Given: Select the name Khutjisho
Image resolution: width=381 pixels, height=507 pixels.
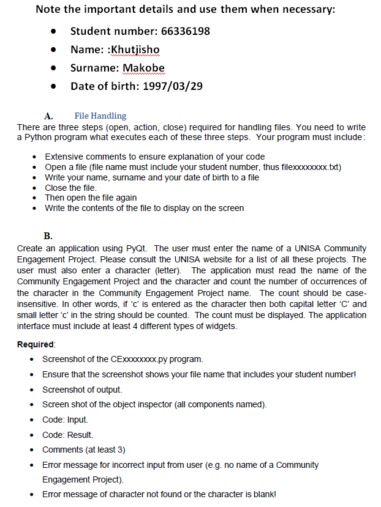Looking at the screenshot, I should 134,50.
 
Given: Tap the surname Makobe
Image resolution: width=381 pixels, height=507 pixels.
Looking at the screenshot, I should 144,68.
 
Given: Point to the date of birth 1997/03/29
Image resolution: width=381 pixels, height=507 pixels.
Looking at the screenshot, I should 172,86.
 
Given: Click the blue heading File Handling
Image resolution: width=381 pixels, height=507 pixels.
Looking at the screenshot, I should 100,116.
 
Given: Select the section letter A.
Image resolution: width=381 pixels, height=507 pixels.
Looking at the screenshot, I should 48,116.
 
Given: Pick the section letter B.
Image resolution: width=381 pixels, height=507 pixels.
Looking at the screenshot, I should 48,236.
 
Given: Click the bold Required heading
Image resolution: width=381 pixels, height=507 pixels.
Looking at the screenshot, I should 36,344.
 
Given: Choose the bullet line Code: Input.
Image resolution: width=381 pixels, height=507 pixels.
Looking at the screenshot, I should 64,420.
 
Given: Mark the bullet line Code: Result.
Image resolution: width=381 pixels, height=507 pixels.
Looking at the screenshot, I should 67,435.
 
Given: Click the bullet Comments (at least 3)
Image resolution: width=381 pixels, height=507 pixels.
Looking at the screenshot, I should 83,450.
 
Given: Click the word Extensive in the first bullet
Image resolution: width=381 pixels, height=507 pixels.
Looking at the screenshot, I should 63,157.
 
